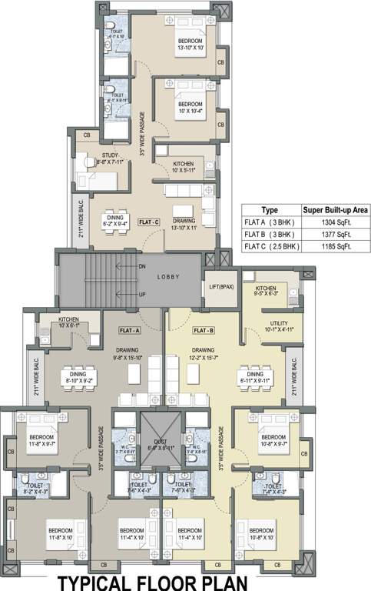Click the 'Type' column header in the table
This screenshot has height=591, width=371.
270,209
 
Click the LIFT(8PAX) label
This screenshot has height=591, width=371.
221,286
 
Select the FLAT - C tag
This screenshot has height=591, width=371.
149,222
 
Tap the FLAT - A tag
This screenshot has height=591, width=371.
129,329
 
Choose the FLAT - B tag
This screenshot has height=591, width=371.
203,329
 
